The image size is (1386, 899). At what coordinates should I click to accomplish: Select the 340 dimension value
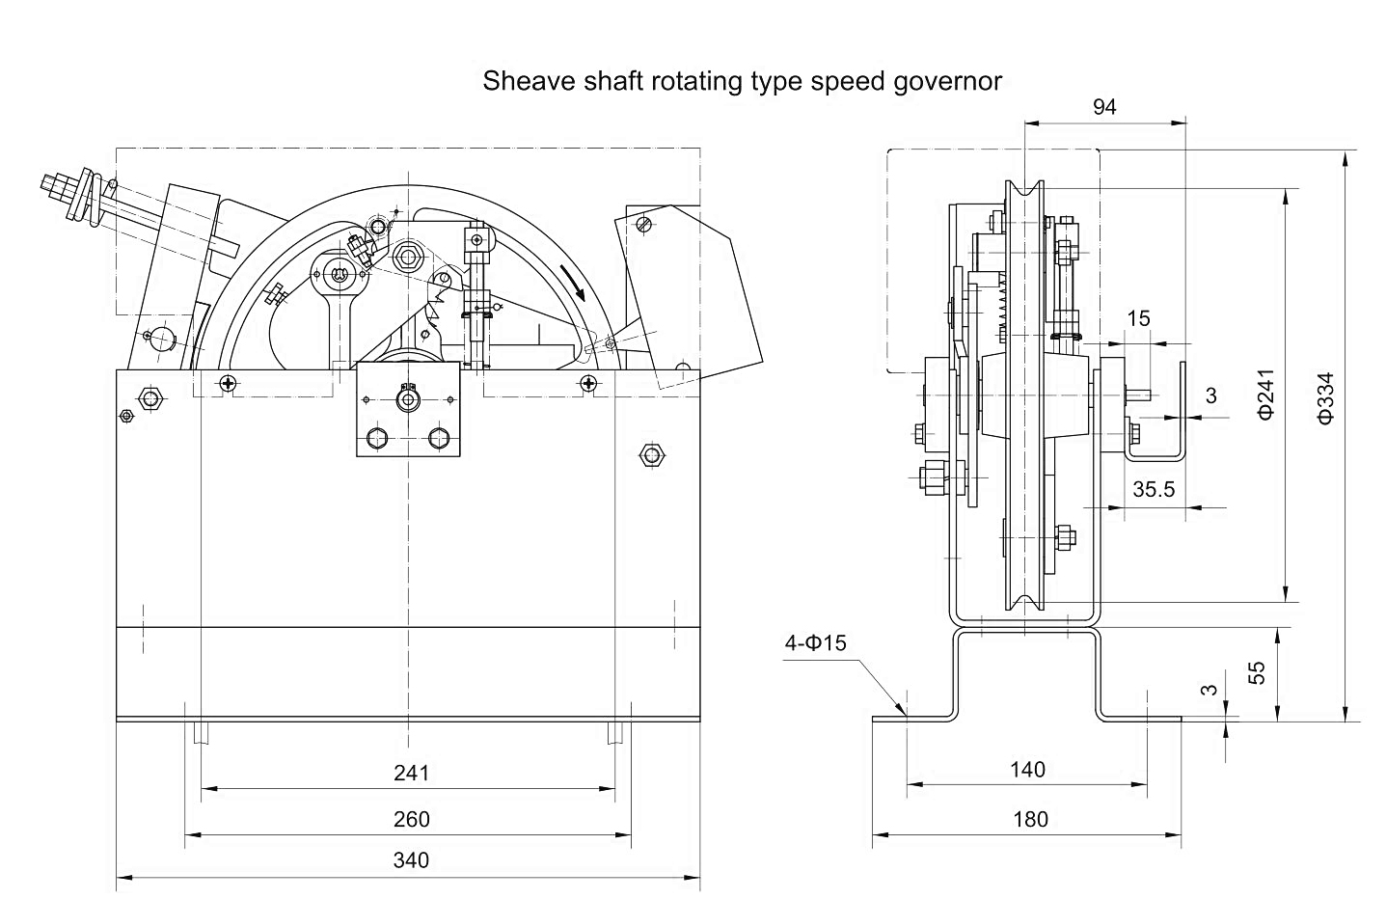(411, 859)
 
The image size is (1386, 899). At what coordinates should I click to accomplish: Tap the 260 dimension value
(411, 819)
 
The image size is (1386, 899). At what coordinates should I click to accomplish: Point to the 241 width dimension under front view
(411, 773)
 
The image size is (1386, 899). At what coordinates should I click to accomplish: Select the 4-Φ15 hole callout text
(815, 642)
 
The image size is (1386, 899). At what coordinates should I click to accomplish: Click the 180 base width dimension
(1030, 819)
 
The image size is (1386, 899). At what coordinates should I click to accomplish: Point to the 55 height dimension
(1257, 673)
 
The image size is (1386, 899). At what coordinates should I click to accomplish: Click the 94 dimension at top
(1104, 107)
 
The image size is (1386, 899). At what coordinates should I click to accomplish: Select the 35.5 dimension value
(1154, 489)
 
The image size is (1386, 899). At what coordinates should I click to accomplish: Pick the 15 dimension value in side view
(1139, 318)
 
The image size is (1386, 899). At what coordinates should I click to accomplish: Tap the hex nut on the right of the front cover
(653, 453)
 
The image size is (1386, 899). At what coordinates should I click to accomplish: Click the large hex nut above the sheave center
(406, 256)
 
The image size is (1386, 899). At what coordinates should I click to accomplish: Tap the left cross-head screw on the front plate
(228, 383)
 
